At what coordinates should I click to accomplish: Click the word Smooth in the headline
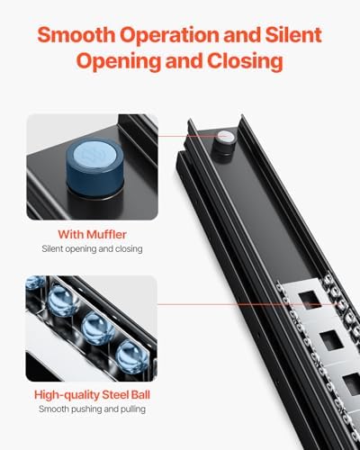(x=76, y=35)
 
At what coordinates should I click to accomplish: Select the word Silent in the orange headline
(x=293, y=35)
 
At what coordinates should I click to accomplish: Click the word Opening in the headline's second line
(x=119, y=61)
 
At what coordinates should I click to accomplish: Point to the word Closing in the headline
(x=245, y=61)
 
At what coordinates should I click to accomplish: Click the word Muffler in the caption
(x=106, y=234)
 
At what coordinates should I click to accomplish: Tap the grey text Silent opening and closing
(x=92, y=249)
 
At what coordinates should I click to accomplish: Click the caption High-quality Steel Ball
(x=92, y=395)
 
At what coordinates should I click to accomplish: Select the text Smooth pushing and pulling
(x=92, y=409)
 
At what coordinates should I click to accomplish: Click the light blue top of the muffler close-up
(x=94, y=153)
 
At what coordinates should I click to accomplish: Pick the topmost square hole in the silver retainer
(x=310, y=299)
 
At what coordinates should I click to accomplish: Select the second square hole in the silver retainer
(x=332, y=341)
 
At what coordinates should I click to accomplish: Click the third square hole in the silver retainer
(x=354, y=383)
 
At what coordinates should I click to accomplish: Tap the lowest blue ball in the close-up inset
(x=130, y=357)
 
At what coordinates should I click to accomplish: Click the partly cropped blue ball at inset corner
(x=35, y=283)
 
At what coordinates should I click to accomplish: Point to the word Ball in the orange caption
(x=140, y=394)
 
